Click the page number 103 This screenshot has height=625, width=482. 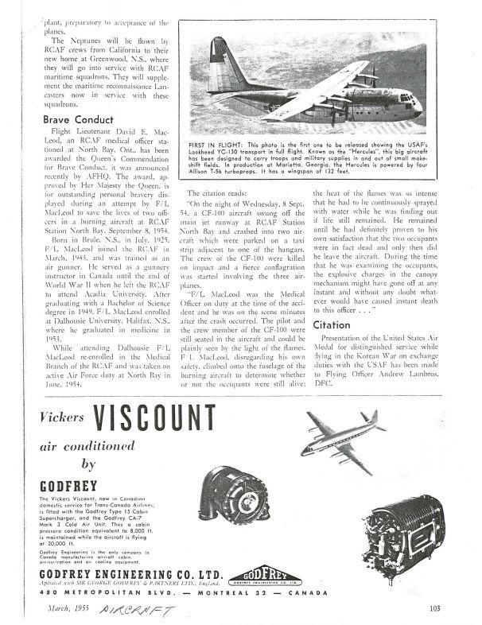click(x=433, y=609)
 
